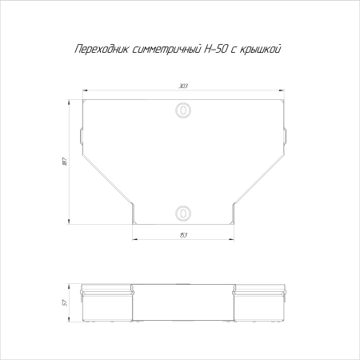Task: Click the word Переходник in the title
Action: click(102, 50)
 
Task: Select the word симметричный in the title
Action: click(166, 50)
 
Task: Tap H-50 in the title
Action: click(215, 49)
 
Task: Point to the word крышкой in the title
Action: click(261, 50)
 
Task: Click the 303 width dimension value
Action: click(183, 86)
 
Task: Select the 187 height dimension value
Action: click(64, 162)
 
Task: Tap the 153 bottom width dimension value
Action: click(183, 235)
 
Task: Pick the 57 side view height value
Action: click(64, 303)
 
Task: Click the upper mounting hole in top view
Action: click(183, 110)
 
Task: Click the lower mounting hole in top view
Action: click(183, 213)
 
